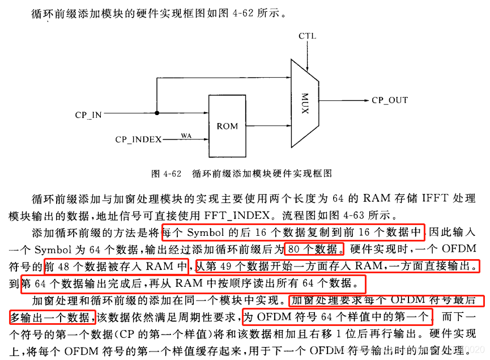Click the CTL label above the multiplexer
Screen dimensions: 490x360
(307, 36)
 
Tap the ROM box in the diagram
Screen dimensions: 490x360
(227, 126)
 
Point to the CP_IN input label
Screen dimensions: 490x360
(88, 115)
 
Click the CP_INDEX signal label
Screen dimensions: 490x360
(138, 139)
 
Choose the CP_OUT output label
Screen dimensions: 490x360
(390, 100)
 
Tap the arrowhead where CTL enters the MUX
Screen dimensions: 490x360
(307, 61)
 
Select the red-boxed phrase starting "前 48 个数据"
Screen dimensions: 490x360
(116, 265)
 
